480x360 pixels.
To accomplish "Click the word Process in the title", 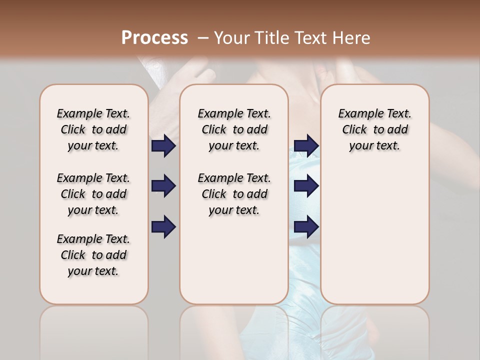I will [x=154, y=37].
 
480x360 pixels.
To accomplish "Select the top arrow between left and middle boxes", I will [x=163, y=145].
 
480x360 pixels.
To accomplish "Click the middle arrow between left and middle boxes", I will [x=163, y=186].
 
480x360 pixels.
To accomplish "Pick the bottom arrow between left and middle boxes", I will [x=163, y=227].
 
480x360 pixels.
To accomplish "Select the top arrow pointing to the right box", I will [x=306, y=145].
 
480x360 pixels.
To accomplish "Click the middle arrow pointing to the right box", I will [x=306, y=186].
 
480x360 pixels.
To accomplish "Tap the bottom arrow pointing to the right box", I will [x=306, y=227].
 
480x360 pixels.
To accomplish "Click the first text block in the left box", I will [x=93, y=129].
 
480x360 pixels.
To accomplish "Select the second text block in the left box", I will [x=93, y=194].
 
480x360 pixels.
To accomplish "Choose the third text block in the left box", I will [x=93, y=255].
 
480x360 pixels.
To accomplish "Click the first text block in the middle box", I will [x=234, y=129].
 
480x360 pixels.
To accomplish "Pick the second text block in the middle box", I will [x=234, y=194].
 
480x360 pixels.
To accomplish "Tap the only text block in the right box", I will [x=374, y=129].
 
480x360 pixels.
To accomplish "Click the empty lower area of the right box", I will [x=374, y=235].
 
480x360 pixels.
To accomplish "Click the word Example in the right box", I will [x=357, y=114].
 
